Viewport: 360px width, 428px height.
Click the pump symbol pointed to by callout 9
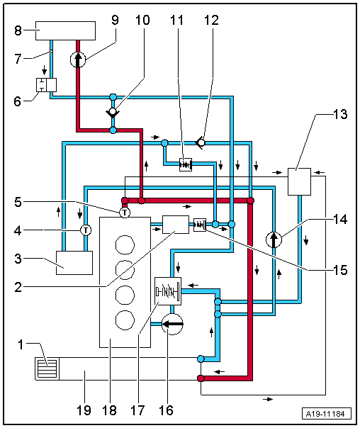click(78, 60)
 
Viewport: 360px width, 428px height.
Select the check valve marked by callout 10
click(113, 112)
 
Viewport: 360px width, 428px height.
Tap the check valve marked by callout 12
click(201, 142)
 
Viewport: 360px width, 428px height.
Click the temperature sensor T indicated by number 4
click(86, 230)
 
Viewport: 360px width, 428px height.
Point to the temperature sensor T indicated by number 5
click(125, 213)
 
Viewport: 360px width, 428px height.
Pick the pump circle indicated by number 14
click(274, 240)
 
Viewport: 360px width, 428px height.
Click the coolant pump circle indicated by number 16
click(172, 325)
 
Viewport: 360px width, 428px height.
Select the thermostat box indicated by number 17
click(168, 291)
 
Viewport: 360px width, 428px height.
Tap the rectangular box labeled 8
click(65, 31)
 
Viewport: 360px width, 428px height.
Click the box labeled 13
click(299, 181)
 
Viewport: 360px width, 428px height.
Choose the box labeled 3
click(74, 263)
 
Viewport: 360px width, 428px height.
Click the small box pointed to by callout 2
click(176, 225)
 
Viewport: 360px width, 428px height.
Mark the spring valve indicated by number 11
click(186, 164)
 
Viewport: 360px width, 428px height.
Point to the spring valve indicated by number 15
click(200, 225)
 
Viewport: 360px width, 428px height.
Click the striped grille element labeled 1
click(47, 368)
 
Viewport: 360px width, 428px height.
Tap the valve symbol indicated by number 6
click(46, 85)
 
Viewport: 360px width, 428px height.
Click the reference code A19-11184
click(327, 414)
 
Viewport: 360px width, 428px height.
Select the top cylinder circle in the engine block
click(125, 244)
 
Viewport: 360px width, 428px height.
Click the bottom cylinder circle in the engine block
click(125, 320)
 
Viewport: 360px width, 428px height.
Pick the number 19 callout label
click(84, 410)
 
